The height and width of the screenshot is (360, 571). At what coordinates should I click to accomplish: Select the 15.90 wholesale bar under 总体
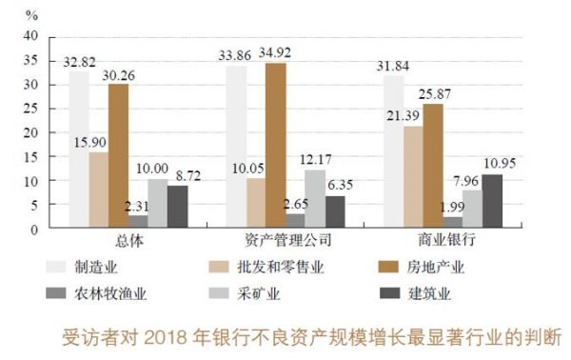click(x=99, y=190)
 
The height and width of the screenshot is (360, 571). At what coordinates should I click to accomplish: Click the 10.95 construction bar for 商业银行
click(x=492, y=202)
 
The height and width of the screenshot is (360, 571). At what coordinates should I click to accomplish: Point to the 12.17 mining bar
click(x=315, y=199)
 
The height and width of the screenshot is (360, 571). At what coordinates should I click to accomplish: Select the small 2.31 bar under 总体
click(x=138, y=223)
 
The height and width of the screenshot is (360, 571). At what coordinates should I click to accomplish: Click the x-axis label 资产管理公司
click(x=285, y=240)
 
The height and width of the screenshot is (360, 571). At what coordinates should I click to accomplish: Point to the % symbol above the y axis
click(x=30, y=15)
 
